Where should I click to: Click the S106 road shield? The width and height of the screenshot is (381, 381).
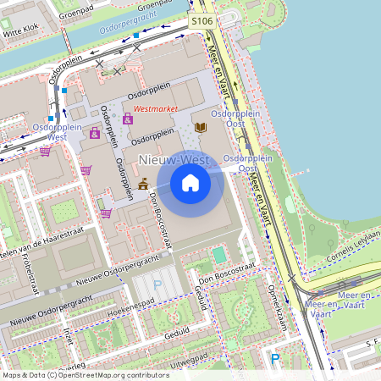pyautogui.click(x=201, y=20)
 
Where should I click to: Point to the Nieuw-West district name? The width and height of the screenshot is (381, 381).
pyautogui.click(x=174, y=159)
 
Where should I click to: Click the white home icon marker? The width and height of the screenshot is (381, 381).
pyautogui.click(x=190, y=183)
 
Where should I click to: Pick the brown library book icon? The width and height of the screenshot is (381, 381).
pyautogui.click(x=201, y=127)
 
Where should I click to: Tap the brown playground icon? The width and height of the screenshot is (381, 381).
pyautogui.click(x=142, y=182)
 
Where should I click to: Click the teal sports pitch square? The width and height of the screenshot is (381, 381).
pyautogui.click(x=219, y=254)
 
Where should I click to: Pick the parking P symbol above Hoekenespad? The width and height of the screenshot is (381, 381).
pyautogui.click(x=157, y=286)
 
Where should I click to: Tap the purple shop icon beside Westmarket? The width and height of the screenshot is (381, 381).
pyautogui.click(x=128, y=119)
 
